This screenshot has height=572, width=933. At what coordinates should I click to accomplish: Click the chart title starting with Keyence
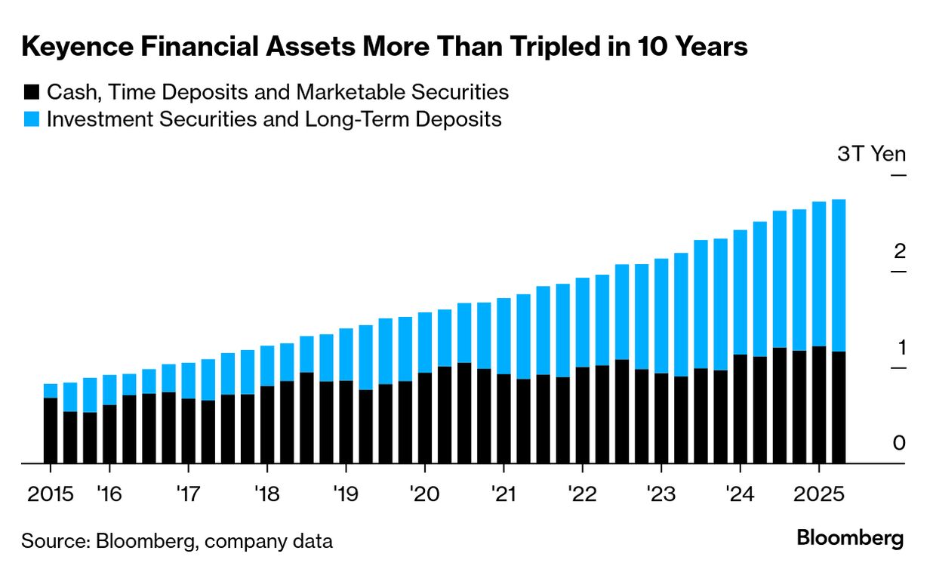tap(385, 47)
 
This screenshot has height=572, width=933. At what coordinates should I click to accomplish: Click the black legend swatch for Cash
tap(31, 93)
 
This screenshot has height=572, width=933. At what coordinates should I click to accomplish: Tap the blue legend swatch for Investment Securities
tap(31, 119)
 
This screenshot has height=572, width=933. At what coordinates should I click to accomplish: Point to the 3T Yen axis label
tap(870, 154)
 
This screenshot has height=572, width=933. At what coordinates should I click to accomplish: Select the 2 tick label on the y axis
tap(898, 251)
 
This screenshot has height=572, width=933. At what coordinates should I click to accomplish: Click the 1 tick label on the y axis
tap(899, 348)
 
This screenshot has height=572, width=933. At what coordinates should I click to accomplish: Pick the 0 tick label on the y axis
tap(898, 444)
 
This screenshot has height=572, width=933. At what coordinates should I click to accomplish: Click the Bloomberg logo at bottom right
tap(850, 539)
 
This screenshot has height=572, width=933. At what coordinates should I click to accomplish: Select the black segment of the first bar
tap(51, 430)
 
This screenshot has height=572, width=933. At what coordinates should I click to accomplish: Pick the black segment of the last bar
tap(838, 407)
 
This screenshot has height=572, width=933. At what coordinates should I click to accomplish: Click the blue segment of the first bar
tap(51, 390)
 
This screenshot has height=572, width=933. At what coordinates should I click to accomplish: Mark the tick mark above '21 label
tap(503, 469)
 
